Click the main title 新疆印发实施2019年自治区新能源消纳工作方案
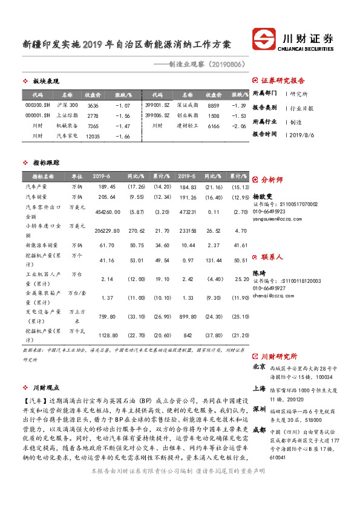126,45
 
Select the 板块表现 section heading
46,82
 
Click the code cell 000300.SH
38,105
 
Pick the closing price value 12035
92,136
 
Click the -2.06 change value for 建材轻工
240,126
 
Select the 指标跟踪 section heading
46,163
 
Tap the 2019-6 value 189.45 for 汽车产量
106,187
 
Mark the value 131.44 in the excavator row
212,260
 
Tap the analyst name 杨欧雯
264,196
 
